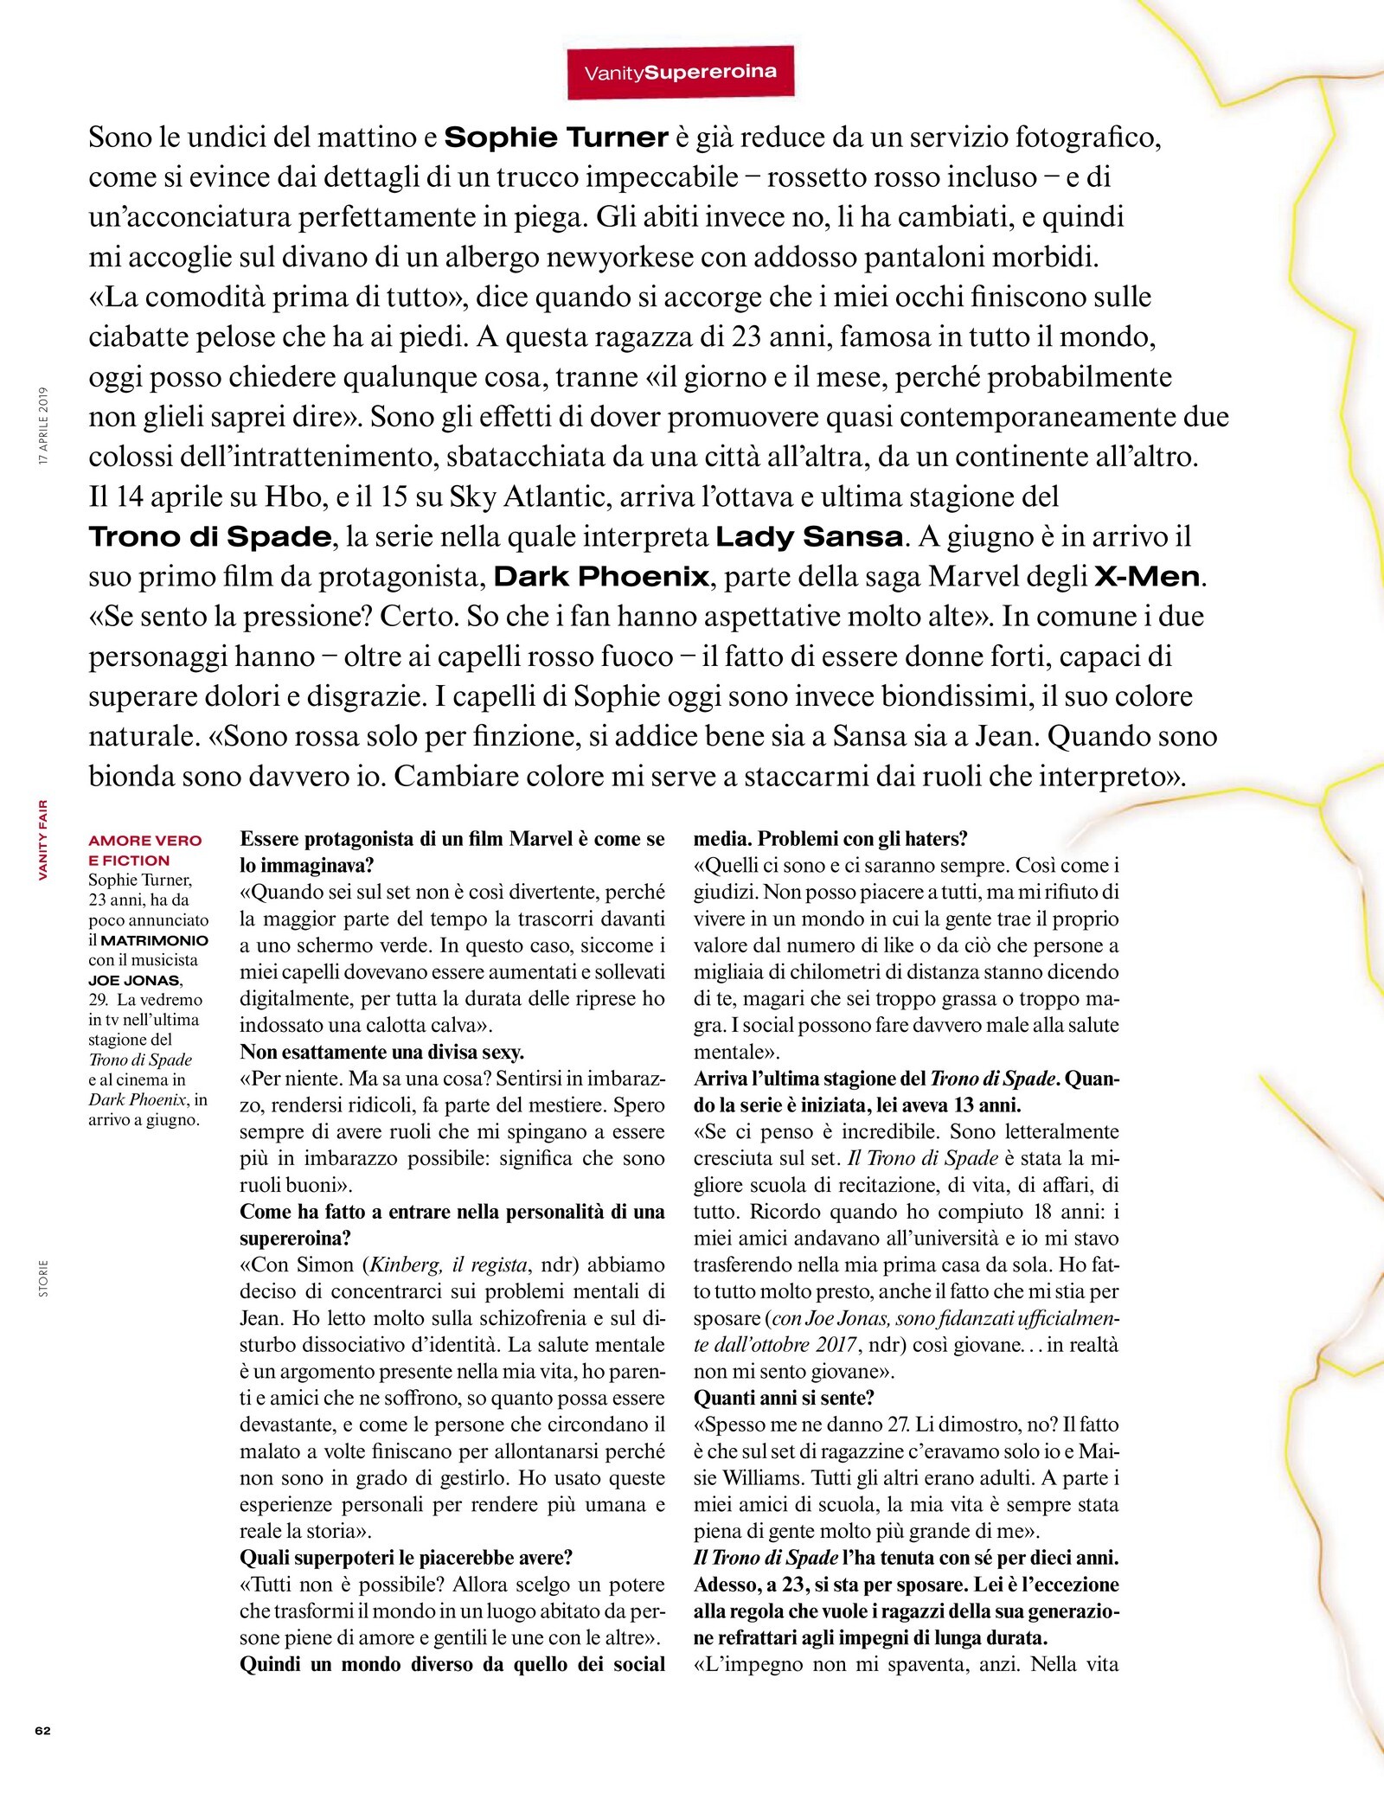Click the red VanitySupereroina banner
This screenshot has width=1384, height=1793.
[x=680, y=73]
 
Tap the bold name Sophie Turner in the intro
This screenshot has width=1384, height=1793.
[x=556, y=138]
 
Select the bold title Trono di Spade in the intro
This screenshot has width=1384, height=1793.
[x=209, y=536]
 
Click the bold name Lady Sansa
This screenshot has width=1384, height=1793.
[x=809, y=536]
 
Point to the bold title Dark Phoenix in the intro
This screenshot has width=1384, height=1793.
[x=601, y=576]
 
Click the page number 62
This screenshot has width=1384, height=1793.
[x=42, y=1731]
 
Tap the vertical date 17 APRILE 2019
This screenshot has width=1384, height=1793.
[x=43, y=426]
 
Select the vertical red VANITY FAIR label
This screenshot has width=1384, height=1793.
[x=43, y=840]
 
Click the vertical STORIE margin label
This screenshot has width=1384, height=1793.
[x=43, y=1278]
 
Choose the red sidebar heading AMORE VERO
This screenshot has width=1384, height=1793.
[x=144, y=841]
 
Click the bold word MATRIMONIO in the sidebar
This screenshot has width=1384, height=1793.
[x=155, y=940]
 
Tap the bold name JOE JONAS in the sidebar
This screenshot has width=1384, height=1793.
[x=134, y=980]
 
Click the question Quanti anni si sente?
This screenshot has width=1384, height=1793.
[x=784, y=1398]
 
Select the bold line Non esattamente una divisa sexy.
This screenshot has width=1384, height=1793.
[x=381, y=1052]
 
